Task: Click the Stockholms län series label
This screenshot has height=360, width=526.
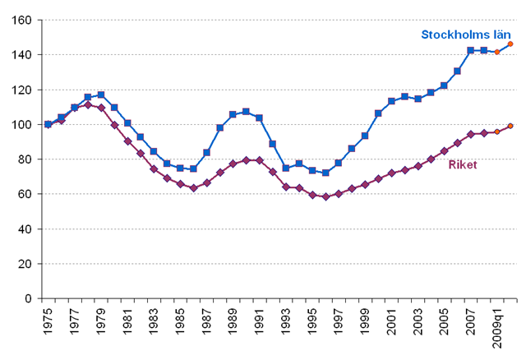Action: (x=466, y=35)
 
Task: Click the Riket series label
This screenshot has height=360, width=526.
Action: (x=463, y=164)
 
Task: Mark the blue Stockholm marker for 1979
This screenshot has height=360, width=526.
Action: (x=101, y=95)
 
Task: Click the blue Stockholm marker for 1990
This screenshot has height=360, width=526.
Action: (x=247, y=112)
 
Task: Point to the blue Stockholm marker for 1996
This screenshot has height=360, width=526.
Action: (x=325, y=173)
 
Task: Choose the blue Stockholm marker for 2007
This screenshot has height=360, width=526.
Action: (x=471, y=50)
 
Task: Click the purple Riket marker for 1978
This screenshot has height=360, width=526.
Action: (x=88, y=104)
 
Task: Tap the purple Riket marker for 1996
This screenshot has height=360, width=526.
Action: (x=325, y=196)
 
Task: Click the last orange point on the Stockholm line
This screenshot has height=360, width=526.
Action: (x=510, y=44)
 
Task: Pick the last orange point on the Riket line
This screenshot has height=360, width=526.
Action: (x=510, y=126)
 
